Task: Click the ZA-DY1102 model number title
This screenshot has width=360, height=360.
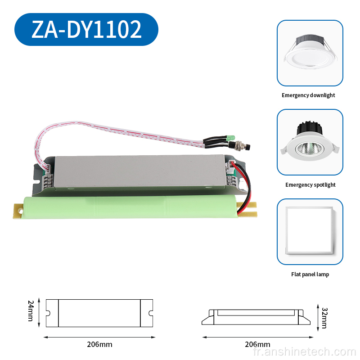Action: pos(86,29)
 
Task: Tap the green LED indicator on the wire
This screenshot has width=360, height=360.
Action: pos(230,138)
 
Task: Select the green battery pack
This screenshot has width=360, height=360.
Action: pos(131,207)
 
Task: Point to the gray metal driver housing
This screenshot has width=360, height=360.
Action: pos(139,172)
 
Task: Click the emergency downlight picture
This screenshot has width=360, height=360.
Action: pos(310,53)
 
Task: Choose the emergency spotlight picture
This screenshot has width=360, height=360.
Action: pos(310,142)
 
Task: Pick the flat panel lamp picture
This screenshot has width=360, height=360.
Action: pos(310,232)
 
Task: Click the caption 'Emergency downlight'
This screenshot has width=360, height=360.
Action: pos(308,95)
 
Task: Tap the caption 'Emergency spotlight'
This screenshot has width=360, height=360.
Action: pos(310,185)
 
